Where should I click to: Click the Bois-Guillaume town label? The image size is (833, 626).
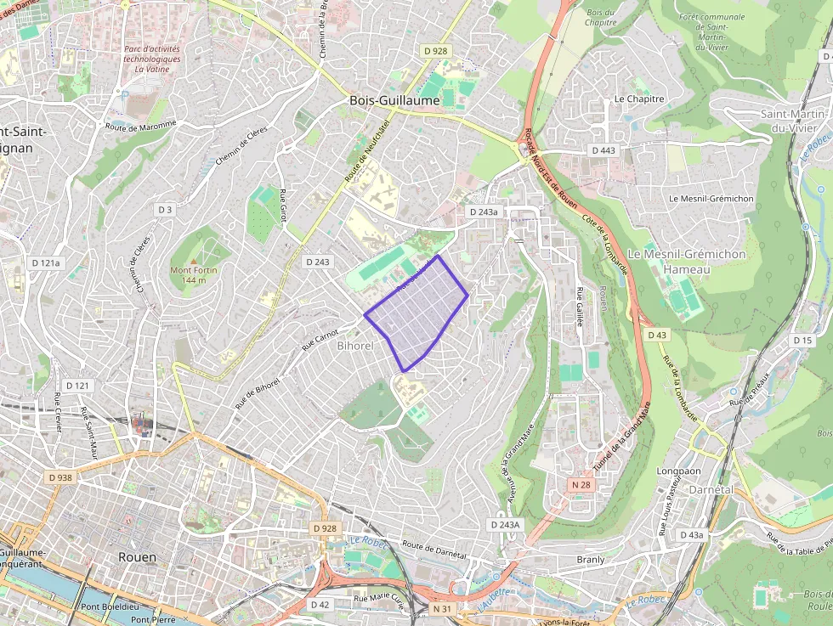[x=394, y=100]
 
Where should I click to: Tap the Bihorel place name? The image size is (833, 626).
[x=355, y=346]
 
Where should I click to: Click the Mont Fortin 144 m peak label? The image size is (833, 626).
[x=194, y=275]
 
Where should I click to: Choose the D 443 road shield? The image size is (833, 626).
[x=602, y=150]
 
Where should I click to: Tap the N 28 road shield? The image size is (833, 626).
[x=581, y=484]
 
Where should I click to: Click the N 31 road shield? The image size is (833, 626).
[x=441, y=609]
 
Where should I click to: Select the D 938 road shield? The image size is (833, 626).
[x=60, y=477]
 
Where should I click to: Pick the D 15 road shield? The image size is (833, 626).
[x=802, y=340]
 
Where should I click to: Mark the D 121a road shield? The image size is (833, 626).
[x=46, y=263]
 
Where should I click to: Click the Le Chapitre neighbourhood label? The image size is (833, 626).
[x=638, y=99]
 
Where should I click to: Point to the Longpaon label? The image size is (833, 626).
[x=679, y=471]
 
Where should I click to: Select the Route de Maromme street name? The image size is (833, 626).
[x=141, y=125]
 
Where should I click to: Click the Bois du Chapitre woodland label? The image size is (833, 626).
[x=600, y=17]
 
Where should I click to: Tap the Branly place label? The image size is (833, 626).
[x=591, y=560]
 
